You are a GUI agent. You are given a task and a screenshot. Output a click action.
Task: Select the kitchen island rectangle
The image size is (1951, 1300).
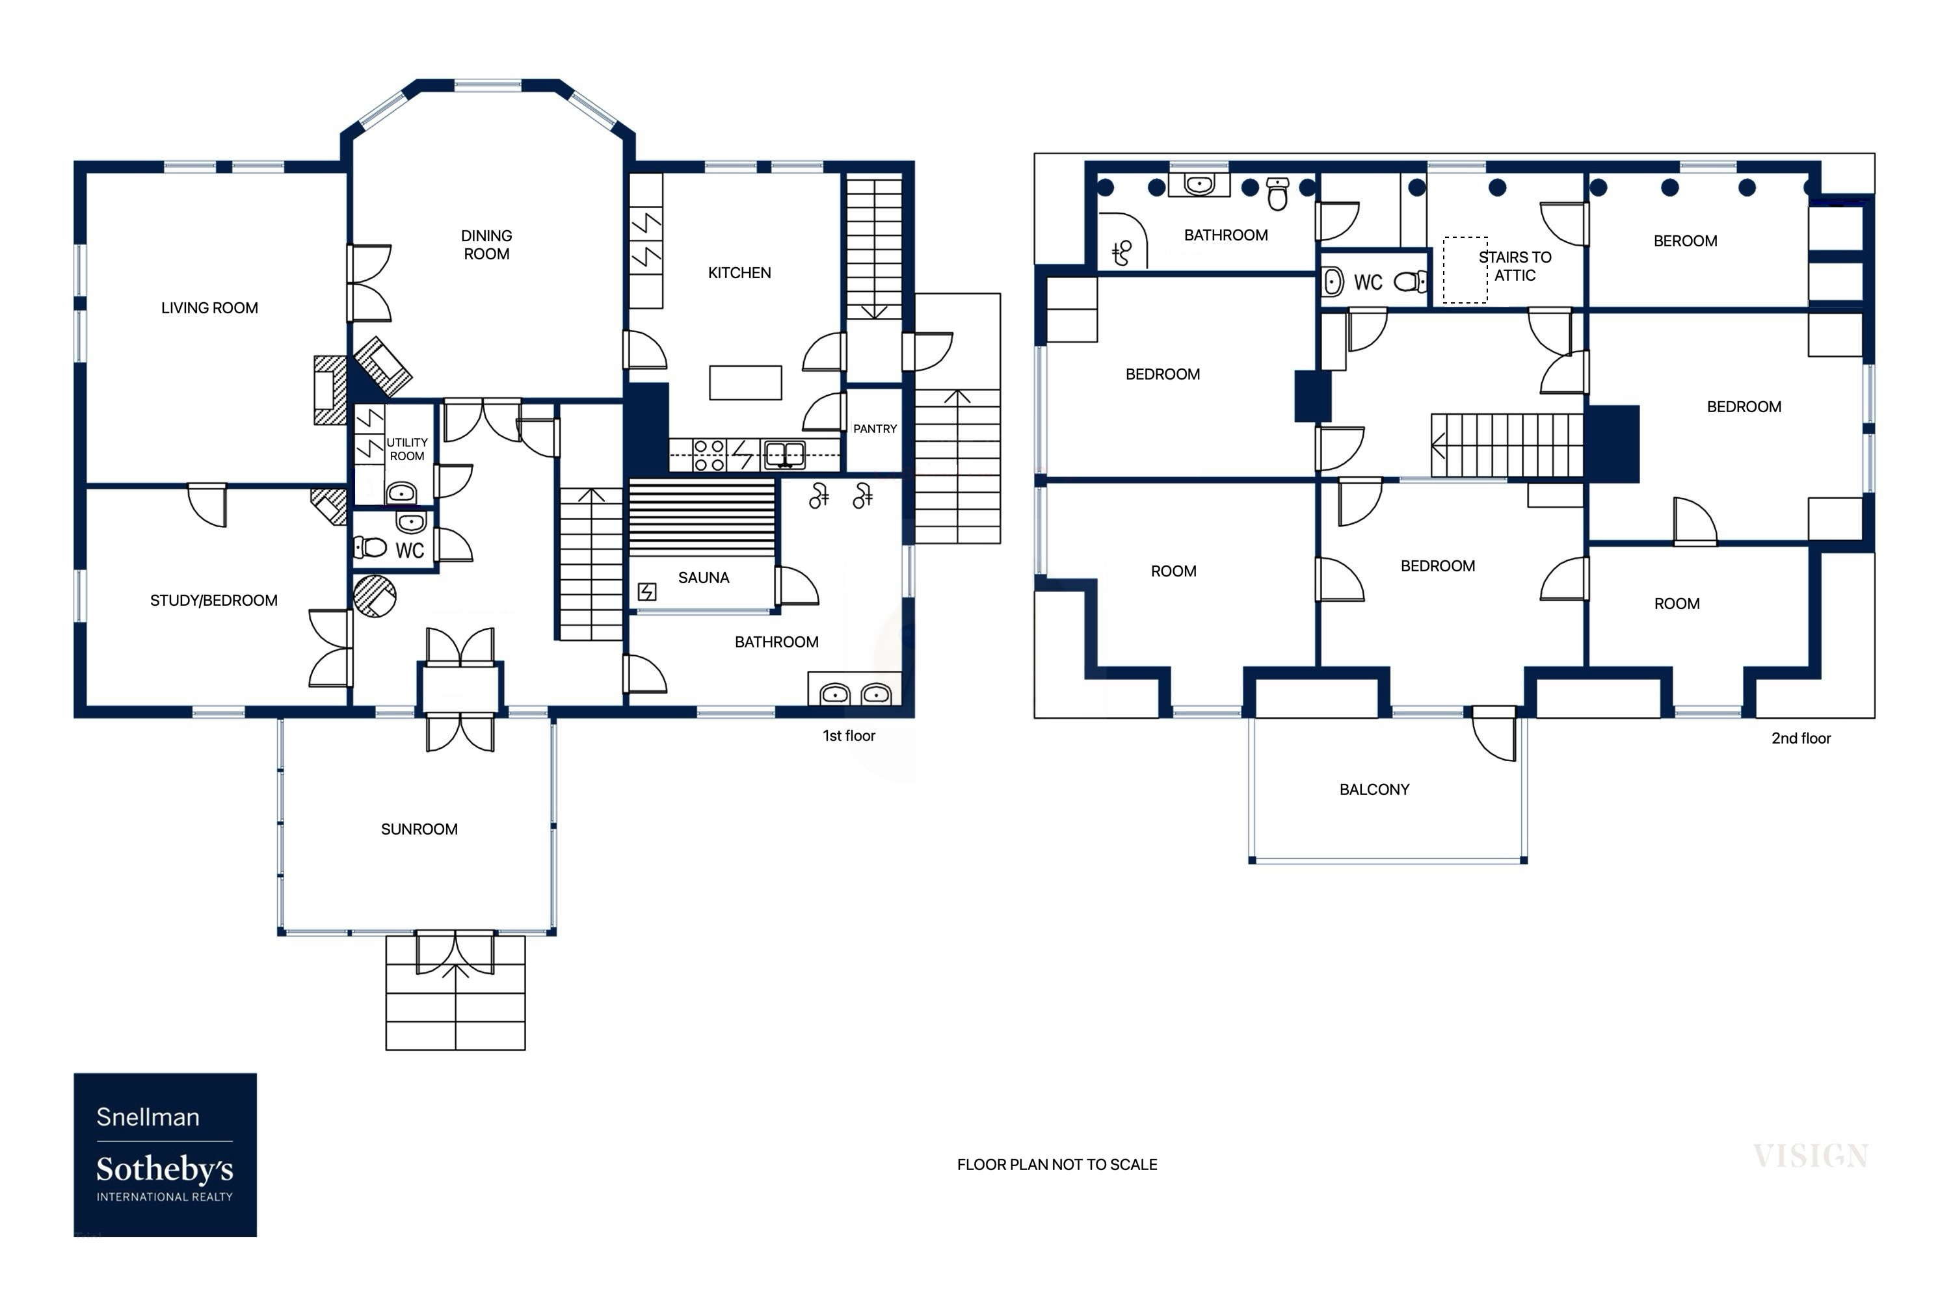click(745, 383)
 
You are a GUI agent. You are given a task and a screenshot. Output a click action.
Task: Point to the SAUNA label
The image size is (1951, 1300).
click(704, 578)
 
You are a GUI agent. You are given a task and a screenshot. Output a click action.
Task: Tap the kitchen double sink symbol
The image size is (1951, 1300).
click(784, 454)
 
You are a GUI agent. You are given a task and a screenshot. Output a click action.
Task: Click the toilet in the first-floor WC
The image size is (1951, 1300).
click(371, 547)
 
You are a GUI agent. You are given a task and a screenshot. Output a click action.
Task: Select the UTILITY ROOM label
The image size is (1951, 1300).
click(406, 448)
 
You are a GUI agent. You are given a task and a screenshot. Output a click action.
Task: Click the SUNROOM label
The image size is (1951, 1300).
click(419, 829)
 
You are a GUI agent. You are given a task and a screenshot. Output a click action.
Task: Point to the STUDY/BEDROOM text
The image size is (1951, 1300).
click(213, 600)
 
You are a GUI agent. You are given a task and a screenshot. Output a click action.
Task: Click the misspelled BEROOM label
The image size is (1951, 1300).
click(1685, 241)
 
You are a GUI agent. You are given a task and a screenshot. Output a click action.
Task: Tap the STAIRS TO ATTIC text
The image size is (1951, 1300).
click(1514, 266)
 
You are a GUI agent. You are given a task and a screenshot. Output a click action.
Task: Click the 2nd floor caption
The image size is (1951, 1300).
click(1800, 738)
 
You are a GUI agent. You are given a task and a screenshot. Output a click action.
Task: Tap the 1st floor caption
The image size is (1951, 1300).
click(849, 735)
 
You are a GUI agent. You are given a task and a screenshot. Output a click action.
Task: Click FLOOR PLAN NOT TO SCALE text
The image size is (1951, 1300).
click(1056, 1164)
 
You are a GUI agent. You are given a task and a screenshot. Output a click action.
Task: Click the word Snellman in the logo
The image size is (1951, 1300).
click(148, 1117)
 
